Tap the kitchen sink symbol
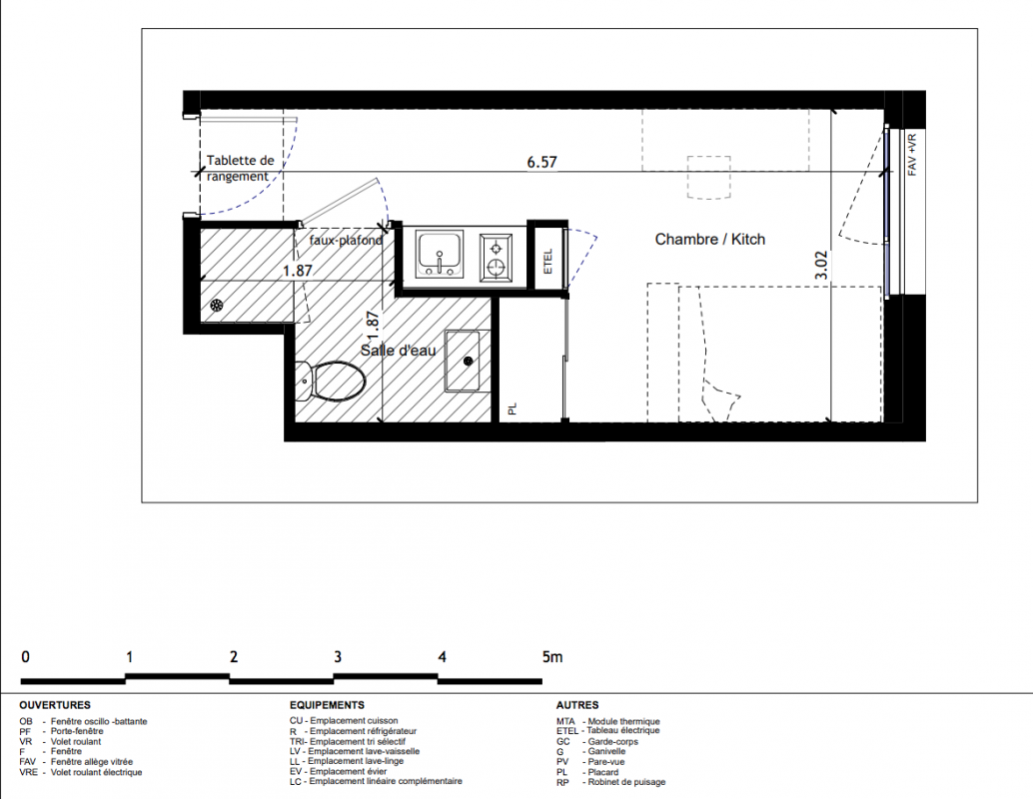(x=440, y=254)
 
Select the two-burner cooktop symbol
(x=497, y=258)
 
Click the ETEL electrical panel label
(x=548, y=262)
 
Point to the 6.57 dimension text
(x=541, y=162)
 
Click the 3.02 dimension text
(x=821, y=266)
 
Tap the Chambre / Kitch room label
(x=710, y=239)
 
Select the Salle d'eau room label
(x=398, y=351)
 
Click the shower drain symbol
(x=217, y=305)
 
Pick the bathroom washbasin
(x=468, y=361)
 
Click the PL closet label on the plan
(x=513, y=409)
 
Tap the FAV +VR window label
(x=912, y=155)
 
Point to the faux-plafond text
(x=346, y=241)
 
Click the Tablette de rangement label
(x=239, y=168)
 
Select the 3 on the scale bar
(x=338, y=657)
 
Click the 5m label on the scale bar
(x=552, y=657)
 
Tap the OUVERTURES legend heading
(x=55, y=705)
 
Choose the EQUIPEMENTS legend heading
(x=327, y=705)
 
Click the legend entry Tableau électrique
(x=623, y=730)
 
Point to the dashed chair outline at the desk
(x=709, y=177)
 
